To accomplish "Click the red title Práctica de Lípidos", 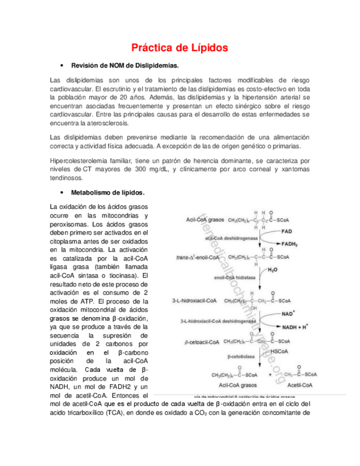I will point(179,48).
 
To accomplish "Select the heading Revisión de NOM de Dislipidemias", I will point(125,65).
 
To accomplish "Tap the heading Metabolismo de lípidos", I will point(108,193).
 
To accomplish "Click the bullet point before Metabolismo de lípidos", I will point(64,193).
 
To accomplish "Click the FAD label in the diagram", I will point(286,231).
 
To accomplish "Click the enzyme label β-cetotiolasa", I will point(240,356).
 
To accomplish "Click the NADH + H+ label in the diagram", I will point(295,326).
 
